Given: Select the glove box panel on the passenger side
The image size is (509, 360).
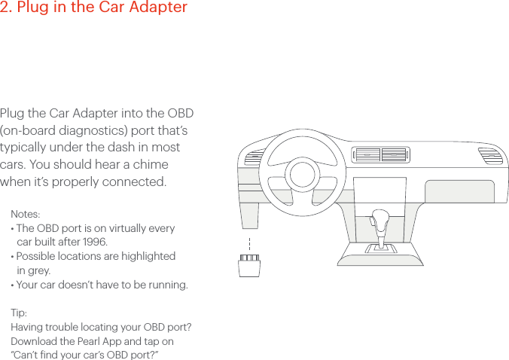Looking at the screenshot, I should (x=459, y=191).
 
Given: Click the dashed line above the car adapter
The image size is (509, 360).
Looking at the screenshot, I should (x=248, y=246).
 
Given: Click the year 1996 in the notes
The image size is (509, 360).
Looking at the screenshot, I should (x=94, y=242).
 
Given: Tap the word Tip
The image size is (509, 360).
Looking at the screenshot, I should (x=18, y=313).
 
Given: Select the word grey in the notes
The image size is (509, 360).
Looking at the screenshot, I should (x=38, y=270).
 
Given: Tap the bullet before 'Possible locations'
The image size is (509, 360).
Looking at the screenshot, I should (x=12, y=257).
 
